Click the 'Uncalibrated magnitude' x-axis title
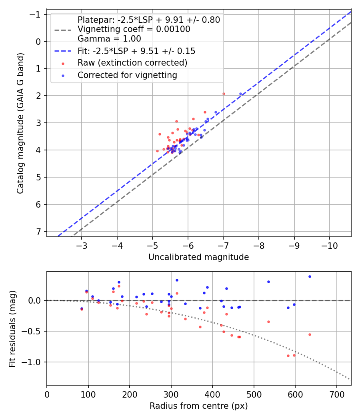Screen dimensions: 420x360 pos(198,257)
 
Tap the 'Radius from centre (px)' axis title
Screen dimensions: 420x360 pos(198,406)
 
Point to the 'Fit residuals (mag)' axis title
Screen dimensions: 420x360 pos(12,328)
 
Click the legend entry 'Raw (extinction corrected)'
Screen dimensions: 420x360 pos(132,63)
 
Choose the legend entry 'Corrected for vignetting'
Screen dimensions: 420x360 pos(127,75)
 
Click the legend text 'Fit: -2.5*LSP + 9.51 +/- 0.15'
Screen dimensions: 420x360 pos(136,51)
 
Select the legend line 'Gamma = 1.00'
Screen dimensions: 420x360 pos(109,39)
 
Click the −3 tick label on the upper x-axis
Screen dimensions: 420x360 pos(82,244)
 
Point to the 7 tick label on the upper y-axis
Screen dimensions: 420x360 pos(38,232)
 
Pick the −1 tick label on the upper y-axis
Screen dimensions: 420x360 pos(36,14)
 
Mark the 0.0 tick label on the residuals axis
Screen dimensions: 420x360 pos(35,300)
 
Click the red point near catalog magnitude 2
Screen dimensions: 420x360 pos(224,94)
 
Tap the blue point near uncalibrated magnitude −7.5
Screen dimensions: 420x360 pos(240,94)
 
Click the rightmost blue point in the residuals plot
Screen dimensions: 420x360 pos(310,276)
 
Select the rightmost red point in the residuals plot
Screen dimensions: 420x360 pos(310,334)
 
